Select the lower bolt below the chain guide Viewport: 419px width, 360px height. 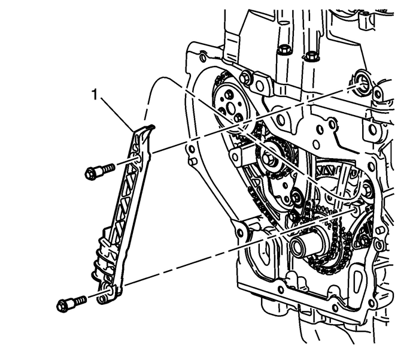[71, 304]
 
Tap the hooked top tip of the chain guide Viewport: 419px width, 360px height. [149, 127]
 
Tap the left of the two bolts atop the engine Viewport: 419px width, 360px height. [286, 48]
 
